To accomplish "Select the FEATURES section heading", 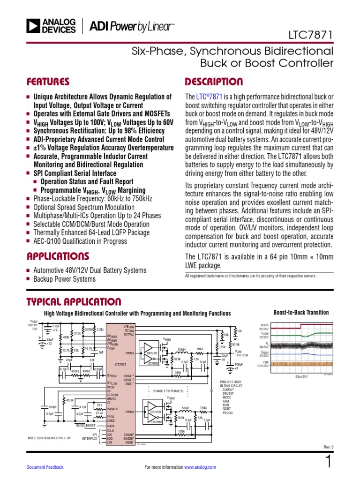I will pos(48,82).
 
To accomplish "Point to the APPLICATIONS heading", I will pos(58,256).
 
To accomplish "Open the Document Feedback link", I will pos(45,467).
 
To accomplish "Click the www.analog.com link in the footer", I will pos(200,467).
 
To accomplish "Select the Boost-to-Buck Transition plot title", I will pos(300,313).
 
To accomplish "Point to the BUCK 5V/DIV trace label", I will pos(264,327).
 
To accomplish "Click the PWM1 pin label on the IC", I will pos(130,352).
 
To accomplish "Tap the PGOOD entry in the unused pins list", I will pos(228,412).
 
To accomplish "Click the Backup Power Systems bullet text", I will pos(64,279).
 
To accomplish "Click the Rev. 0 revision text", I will pos(328,446).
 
